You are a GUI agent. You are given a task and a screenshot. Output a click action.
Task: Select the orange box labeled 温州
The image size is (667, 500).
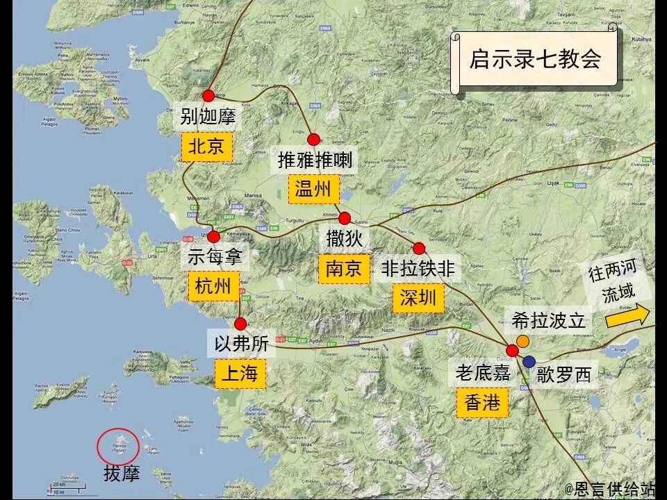(x=313, y=189)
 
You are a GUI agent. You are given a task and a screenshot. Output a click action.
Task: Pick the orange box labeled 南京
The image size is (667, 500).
(x=344, y=268)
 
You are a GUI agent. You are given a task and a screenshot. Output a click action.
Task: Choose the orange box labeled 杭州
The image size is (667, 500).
(x=213, y=285)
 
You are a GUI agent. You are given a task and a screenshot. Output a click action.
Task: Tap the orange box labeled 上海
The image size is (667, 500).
(x=240, y=374)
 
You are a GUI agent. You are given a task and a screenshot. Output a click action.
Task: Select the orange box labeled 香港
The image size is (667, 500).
(x=482, y=402)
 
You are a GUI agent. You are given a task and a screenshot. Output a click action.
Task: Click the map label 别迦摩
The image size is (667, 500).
(x=208, y=116)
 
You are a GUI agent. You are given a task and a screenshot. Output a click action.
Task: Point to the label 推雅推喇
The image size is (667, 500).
(x=315, y=160)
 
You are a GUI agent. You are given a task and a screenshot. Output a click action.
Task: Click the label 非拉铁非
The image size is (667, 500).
(x=418, y=269)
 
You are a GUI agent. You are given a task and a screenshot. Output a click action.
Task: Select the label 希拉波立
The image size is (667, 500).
(x=549, y=321)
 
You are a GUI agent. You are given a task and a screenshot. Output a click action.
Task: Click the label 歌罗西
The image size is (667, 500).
(x=564, y=375)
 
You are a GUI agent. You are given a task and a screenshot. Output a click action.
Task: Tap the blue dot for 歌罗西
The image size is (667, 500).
(x=529, y=360)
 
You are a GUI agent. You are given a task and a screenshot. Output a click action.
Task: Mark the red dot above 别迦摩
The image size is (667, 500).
(x=208, y=96)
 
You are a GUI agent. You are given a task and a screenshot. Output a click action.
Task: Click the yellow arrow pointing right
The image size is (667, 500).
(x=627, y=316)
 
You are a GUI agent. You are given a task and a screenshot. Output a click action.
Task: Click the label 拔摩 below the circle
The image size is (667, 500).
(x=122, y=474)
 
